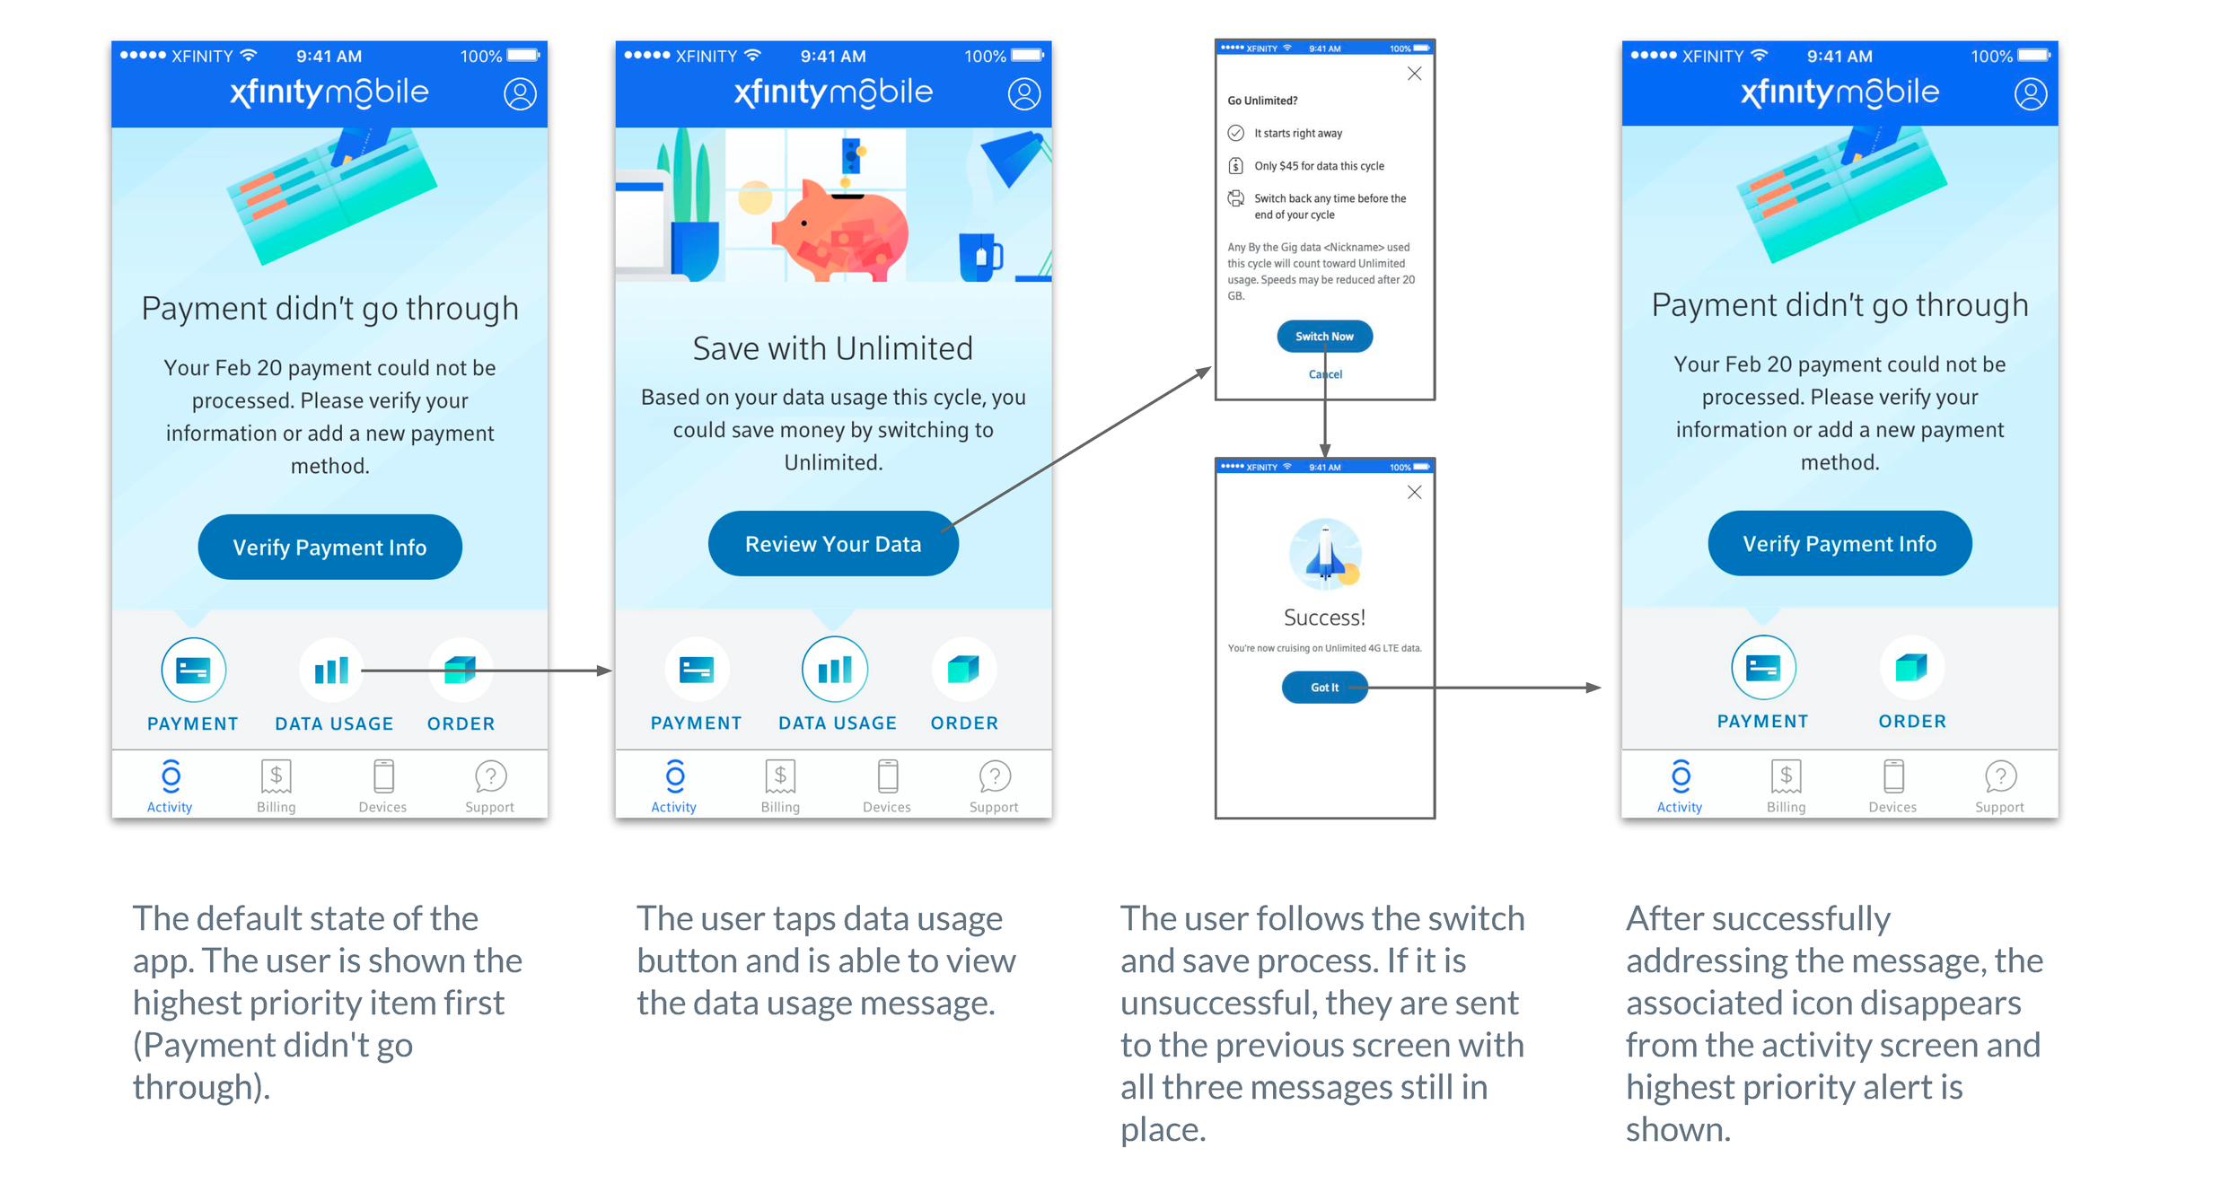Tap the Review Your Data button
point(833,543)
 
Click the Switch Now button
point(1324,336)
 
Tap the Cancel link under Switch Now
point(1325,374)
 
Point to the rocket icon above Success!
point(1325,554)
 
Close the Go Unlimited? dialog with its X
point(1414,74)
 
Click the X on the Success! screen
point(1414,492)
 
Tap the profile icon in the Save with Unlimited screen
point(1023,93)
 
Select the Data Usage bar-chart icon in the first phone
point(330,670)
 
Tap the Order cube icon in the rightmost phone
point(1911,668)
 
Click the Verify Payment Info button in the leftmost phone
point(329,547)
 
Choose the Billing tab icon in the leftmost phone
point(276,776)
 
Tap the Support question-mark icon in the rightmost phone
point(2000,776)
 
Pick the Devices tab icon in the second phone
point(887,776)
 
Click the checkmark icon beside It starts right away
point(1236,133)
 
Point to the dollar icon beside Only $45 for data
point(1236,165)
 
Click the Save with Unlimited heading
point(832,348)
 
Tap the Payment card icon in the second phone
point(697,669)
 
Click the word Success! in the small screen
point(1324,618)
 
